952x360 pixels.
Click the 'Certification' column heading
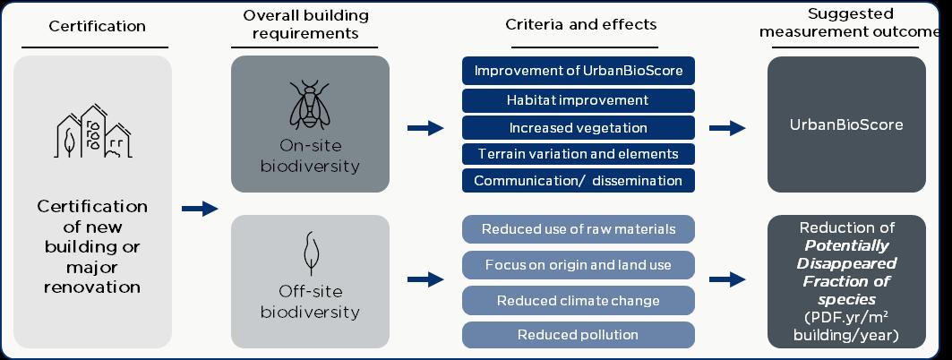pos(97,26)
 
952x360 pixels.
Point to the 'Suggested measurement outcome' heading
pos(850,23)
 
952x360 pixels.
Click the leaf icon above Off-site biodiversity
pos(310,254)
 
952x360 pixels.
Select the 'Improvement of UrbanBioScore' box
pos(579,71)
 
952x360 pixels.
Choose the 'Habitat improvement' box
pos(579,99)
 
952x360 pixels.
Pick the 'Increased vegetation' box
pos(579,127)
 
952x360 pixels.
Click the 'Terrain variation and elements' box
pos(579,153)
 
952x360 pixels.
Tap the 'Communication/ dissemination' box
pos(579,180)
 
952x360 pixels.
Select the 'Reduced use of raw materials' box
pos(579,229)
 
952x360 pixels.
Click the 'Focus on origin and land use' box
pos(579,265)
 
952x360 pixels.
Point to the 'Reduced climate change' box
pos(579,300)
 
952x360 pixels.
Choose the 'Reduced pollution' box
pos(579,335)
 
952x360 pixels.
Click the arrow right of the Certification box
pos(200,209)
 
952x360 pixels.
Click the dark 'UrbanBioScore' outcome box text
pos(846,124)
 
